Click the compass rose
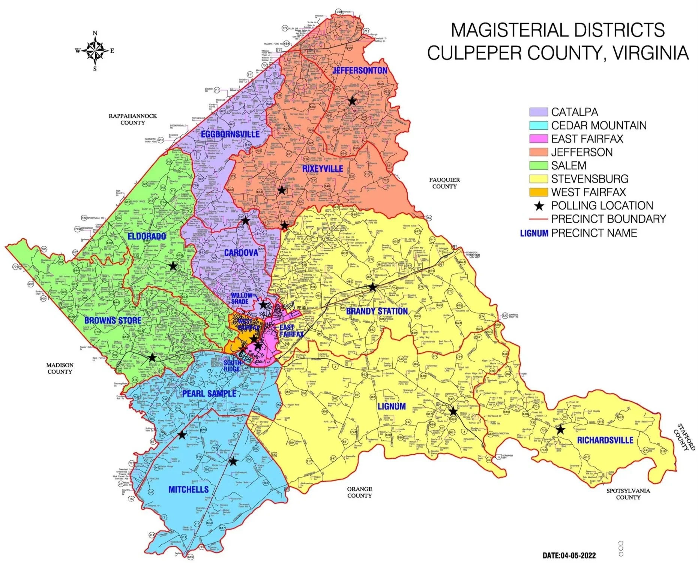pos(95,51)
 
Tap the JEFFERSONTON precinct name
pos(360,70)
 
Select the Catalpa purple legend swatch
pos(538,112)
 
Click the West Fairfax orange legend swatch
pos(538,192)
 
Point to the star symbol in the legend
pos(539,206)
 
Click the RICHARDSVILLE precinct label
pos(605,440)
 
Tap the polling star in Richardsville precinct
pos(560,430)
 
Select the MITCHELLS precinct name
pos(188,489)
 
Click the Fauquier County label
pos(444,183)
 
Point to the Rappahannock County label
pos(133,119)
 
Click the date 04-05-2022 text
pos(569,555)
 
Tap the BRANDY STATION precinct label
pos(377,311)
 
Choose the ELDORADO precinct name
pos(147,236)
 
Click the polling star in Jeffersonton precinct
pos(351,101)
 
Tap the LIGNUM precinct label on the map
pos(392,406)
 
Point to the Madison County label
pos(60,368)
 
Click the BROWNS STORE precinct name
pos(113,320)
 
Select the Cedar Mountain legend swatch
pos(538,126)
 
